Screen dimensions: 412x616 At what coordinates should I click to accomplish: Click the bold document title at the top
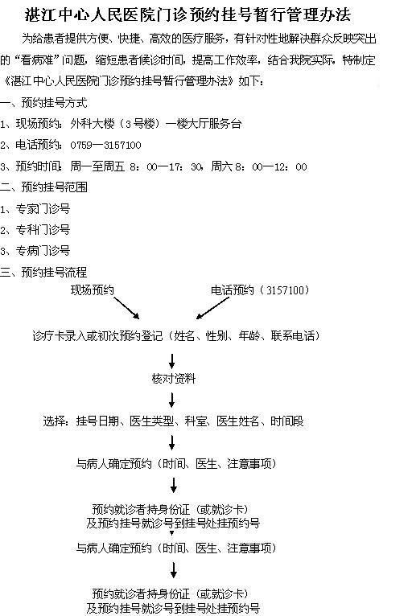(x=187, y=15)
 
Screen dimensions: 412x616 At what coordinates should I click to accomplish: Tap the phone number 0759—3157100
(x=105, y=146)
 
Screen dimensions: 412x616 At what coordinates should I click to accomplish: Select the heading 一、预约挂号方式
(x=43, y=103)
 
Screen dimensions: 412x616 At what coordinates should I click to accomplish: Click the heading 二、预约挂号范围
(x=43, y=187)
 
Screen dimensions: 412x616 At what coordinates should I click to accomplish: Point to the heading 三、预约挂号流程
(x=43, y=272)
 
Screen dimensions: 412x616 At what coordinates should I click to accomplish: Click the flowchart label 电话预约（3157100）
(x=260, y=290)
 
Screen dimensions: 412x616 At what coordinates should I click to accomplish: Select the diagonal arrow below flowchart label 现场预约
(x=126, y=308)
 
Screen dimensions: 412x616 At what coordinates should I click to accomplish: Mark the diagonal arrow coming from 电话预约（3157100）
(x=212, y=308)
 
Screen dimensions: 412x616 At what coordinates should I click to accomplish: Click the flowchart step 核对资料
(x=173, y=379)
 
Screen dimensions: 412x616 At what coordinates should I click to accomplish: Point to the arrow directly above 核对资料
(x=171, y=361)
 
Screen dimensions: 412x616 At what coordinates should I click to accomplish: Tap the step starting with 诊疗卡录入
(x=176, y=336)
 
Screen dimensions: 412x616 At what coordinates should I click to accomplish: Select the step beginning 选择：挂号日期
(x=173, y=421)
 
